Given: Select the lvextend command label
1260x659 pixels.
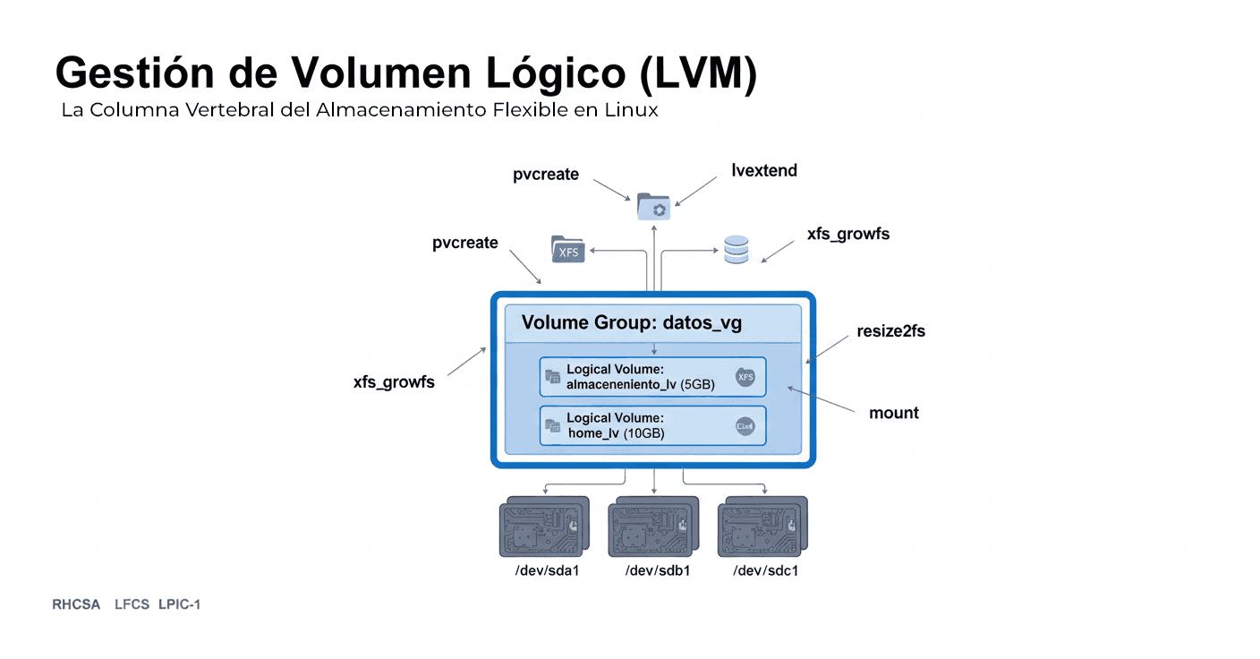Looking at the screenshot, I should click(x=763, y=170).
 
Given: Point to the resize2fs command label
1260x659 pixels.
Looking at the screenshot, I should click(x=890, y=330).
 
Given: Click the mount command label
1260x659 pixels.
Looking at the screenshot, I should click(x=894, y=413).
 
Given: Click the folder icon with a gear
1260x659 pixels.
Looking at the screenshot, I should click(x=653, y=207).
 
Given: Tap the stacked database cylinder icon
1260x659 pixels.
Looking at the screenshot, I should click(x=736, y=250).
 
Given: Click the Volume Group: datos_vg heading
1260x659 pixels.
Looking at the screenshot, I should click(x=632, y=323).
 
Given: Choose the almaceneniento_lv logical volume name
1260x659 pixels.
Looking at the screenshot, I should click(x=621, y=385).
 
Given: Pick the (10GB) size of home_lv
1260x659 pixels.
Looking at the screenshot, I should click(x=643, y=433).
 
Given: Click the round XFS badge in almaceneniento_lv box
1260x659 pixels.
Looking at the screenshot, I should click(x=745, y=378).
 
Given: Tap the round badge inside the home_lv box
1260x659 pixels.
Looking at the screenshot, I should click(x=745, y=427).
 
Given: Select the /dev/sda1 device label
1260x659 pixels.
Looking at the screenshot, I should click(x=548, y=570).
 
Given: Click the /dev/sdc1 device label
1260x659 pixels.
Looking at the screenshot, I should click(x=765, y=570).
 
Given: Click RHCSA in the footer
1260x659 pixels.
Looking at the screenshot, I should click(x=76, y=604).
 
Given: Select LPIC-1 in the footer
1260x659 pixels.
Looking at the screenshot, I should click(x=179, y=604).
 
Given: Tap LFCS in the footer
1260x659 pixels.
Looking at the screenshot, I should click(x=132, y=604).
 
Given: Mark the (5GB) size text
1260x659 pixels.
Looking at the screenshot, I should click(x=697, y=385).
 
